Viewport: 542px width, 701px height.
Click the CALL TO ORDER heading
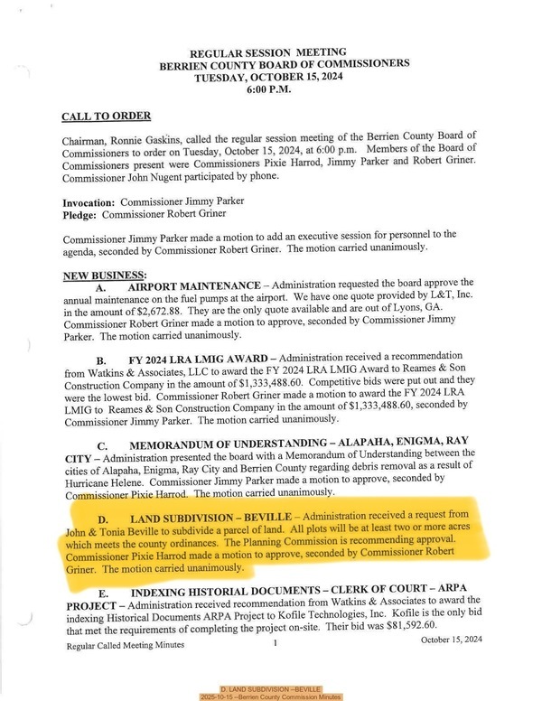pyautogui.click(x=106, y=117)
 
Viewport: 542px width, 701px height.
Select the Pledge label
pyautogui.click(x=79, y=216)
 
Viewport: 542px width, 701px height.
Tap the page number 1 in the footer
pyautogui.click(x=274, y=643)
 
